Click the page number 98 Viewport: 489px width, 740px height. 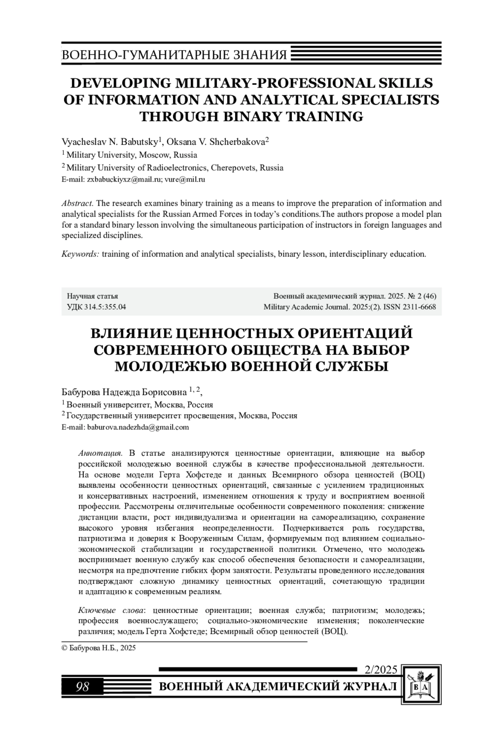pos(82,687)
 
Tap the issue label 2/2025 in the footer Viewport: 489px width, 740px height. pos(381,670)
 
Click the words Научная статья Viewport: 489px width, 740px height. pos(93,296)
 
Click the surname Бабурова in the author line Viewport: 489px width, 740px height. pos(80,392)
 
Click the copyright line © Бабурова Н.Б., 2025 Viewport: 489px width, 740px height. pos(99,648)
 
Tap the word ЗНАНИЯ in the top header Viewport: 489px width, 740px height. pos(265,55)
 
